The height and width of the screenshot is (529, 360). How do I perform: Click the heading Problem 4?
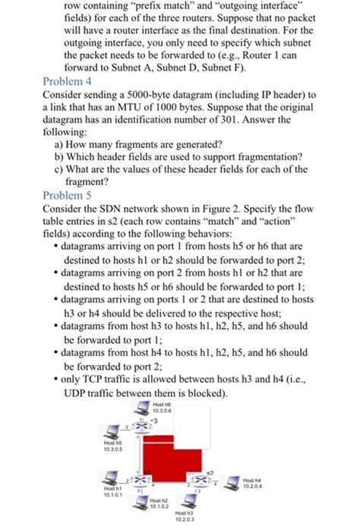(67, 80)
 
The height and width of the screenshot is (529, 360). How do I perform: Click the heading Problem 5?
(67, 195)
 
